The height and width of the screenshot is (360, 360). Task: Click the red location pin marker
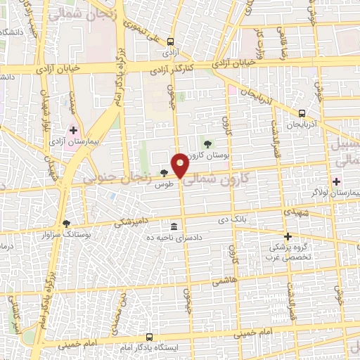tap(180, 165)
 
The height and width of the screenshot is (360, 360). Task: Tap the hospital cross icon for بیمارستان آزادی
tap(74, 131)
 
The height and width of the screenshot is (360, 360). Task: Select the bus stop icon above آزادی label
tap(170, 41)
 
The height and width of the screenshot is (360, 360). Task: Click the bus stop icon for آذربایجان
tap(302, 113)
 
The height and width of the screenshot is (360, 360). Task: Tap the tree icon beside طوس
tap(163, 173)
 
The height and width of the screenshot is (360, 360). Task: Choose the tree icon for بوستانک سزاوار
tap(67, 223)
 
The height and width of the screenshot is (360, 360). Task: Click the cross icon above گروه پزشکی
tap(288, 236)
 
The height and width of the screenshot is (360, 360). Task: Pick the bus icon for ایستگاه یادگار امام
tap(148, 337)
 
